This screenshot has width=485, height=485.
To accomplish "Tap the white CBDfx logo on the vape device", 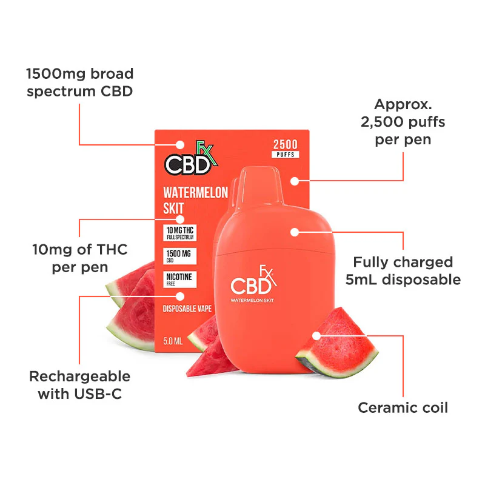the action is (253, 280).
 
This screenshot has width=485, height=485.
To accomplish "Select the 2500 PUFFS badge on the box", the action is (285, 149).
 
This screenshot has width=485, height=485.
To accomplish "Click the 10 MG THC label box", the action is (179, 233).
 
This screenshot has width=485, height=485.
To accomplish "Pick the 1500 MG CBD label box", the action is (179, 256).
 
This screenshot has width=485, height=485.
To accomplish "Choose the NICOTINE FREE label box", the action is (179, 279).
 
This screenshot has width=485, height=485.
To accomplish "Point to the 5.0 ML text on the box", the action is (173, 341).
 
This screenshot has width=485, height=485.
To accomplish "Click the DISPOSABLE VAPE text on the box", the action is (187, 309).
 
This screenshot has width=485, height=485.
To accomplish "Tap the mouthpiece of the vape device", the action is (261, 185).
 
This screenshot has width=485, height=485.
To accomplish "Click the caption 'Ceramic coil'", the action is (403, 407).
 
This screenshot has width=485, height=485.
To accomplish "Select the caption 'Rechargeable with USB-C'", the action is (80, 385).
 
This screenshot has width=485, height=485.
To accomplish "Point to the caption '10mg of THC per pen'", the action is (80, 258).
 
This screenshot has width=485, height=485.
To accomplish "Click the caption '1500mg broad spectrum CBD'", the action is (80, 82).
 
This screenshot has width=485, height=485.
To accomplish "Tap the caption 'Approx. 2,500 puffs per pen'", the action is (403, 122).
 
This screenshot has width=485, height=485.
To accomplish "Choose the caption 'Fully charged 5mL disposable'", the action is (403, 270).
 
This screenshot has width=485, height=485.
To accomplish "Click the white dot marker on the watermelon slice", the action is (316, 336).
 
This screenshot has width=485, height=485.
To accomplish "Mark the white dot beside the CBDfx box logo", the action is (180, 145).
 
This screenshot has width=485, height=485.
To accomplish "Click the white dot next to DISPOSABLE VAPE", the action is (180, 296).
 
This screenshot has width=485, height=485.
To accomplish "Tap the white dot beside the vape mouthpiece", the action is (295, 181).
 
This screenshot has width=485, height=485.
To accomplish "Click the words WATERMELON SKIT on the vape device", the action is (252, 300).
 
